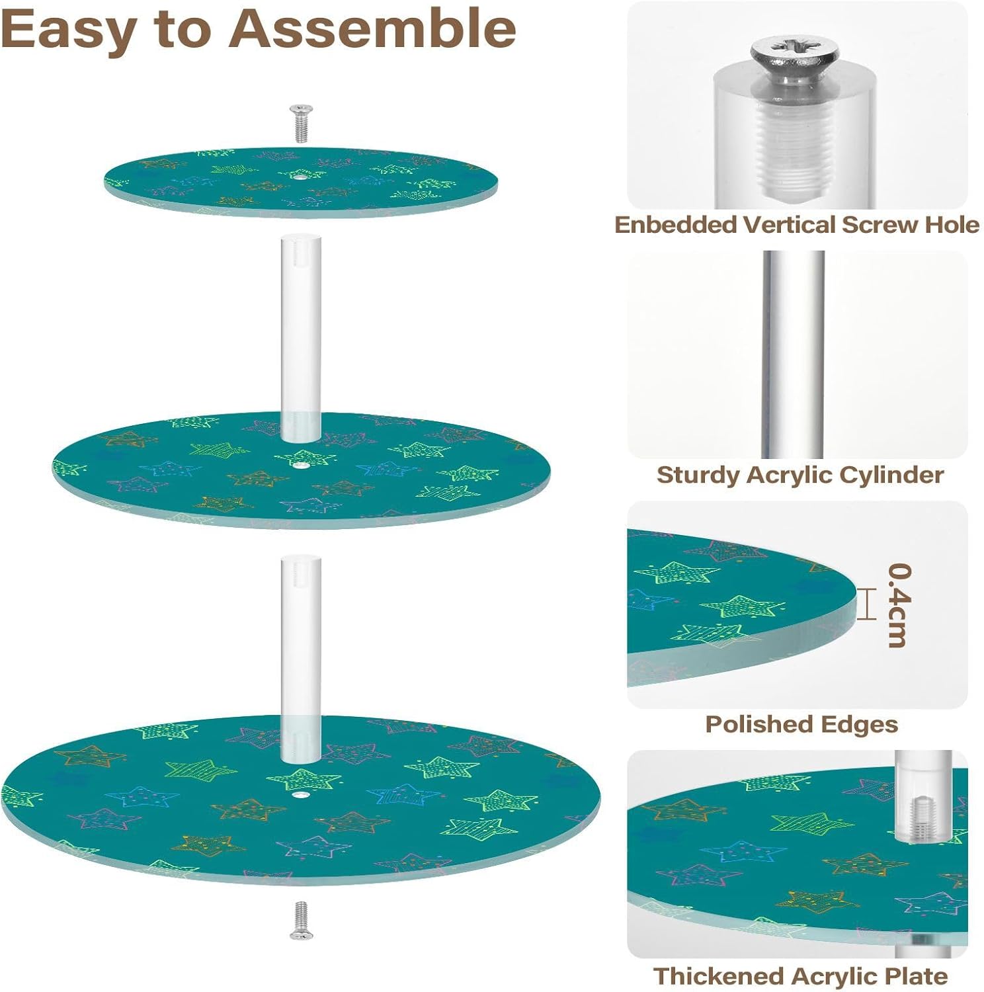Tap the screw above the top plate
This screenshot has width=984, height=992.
[301, 123]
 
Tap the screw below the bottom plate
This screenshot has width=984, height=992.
[301, 919]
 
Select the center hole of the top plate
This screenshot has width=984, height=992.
[300, 177]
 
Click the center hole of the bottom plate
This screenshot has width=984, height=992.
[300, 793]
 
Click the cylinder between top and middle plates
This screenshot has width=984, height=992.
[301, 337]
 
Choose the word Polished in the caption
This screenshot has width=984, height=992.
[752, 725]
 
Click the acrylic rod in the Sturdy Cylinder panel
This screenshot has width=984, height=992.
[794, 354]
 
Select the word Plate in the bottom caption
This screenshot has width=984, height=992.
[917, 976]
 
